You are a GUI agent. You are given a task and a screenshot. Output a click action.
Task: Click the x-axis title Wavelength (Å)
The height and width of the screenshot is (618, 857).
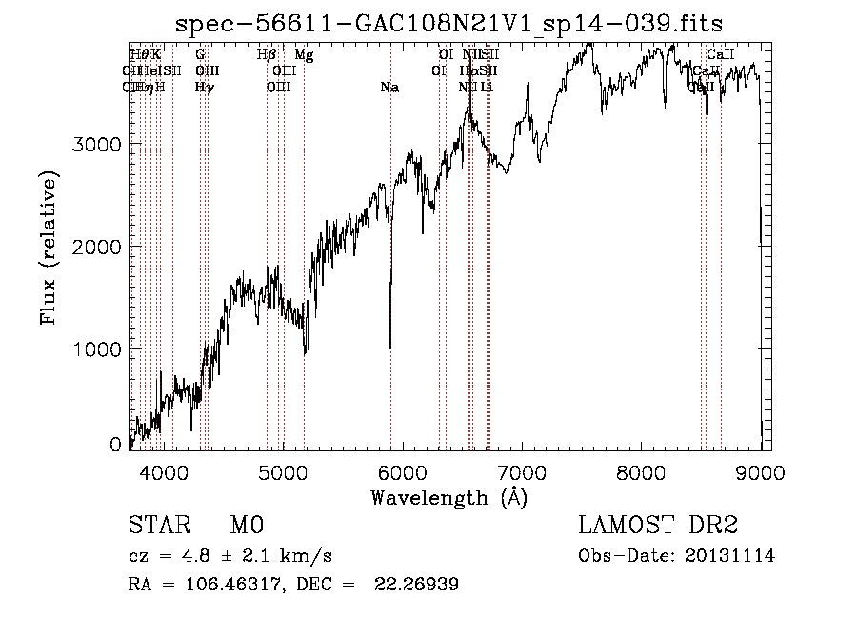coord(448,497)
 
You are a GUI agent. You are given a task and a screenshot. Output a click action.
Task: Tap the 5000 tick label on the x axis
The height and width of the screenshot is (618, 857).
coord(284,470)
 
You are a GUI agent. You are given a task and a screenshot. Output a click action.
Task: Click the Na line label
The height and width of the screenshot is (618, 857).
coord(389,88)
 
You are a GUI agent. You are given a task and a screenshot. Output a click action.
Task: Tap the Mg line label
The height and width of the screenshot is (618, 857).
coord(304,54)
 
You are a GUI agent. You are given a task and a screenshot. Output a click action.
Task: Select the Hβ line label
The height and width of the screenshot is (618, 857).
coord(267,54)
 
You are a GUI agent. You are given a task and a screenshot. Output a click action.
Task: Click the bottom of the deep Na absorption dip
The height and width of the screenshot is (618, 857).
coord(389,348)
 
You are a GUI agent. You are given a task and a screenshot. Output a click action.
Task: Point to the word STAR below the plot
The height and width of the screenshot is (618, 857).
coord(158,526)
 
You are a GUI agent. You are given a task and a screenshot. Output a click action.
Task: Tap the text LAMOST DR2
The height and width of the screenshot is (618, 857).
coord(658,526)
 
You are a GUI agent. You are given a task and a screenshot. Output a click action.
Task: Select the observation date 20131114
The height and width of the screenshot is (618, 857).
coord(730,555)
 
